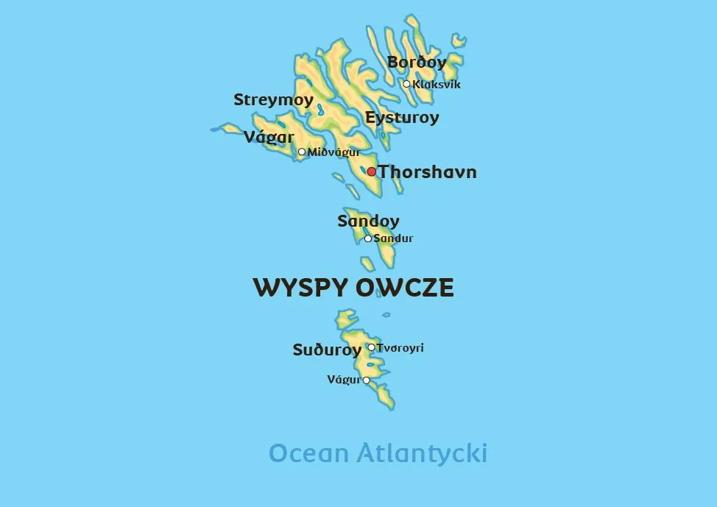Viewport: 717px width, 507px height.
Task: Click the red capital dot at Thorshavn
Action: tap(372, 171)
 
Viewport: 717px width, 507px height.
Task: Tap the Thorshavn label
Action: tap(428, 172)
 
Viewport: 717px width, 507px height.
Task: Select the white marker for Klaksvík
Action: tap(406, 84)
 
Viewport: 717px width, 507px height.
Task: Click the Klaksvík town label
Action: tap(437, 85)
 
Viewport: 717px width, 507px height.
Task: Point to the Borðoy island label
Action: tap(417, 63)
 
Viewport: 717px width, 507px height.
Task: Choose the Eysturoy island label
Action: tap(402, 118)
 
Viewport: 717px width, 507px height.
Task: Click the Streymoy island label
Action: tap(273, 100)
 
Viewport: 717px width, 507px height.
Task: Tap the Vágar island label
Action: tap(269, 137)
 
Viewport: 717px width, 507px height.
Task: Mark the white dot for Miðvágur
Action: tap(302, 152)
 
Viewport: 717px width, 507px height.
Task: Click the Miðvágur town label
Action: tap(333, 152)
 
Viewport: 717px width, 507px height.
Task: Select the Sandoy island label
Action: tap(368, 221)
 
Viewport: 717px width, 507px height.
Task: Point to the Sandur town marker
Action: tap(368, 238)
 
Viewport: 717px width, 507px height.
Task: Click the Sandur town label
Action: tap(394, 238)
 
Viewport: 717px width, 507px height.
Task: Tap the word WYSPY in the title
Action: tap(300, 288)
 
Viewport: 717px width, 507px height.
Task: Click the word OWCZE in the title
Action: tap(405, 288)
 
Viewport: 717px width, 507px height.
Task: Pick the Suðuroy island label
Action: tap(327, 350)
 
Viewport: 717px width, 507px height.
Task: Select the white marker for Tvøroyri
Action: tap(371, 347)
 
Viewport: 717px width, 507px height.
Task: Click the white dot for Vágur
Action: tap(367, 380)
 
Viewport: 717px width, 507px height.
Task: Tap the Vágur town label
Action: tap(344, 380)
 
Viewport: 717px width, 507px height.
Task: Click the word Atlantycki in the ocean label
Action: tap(422, 453)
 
